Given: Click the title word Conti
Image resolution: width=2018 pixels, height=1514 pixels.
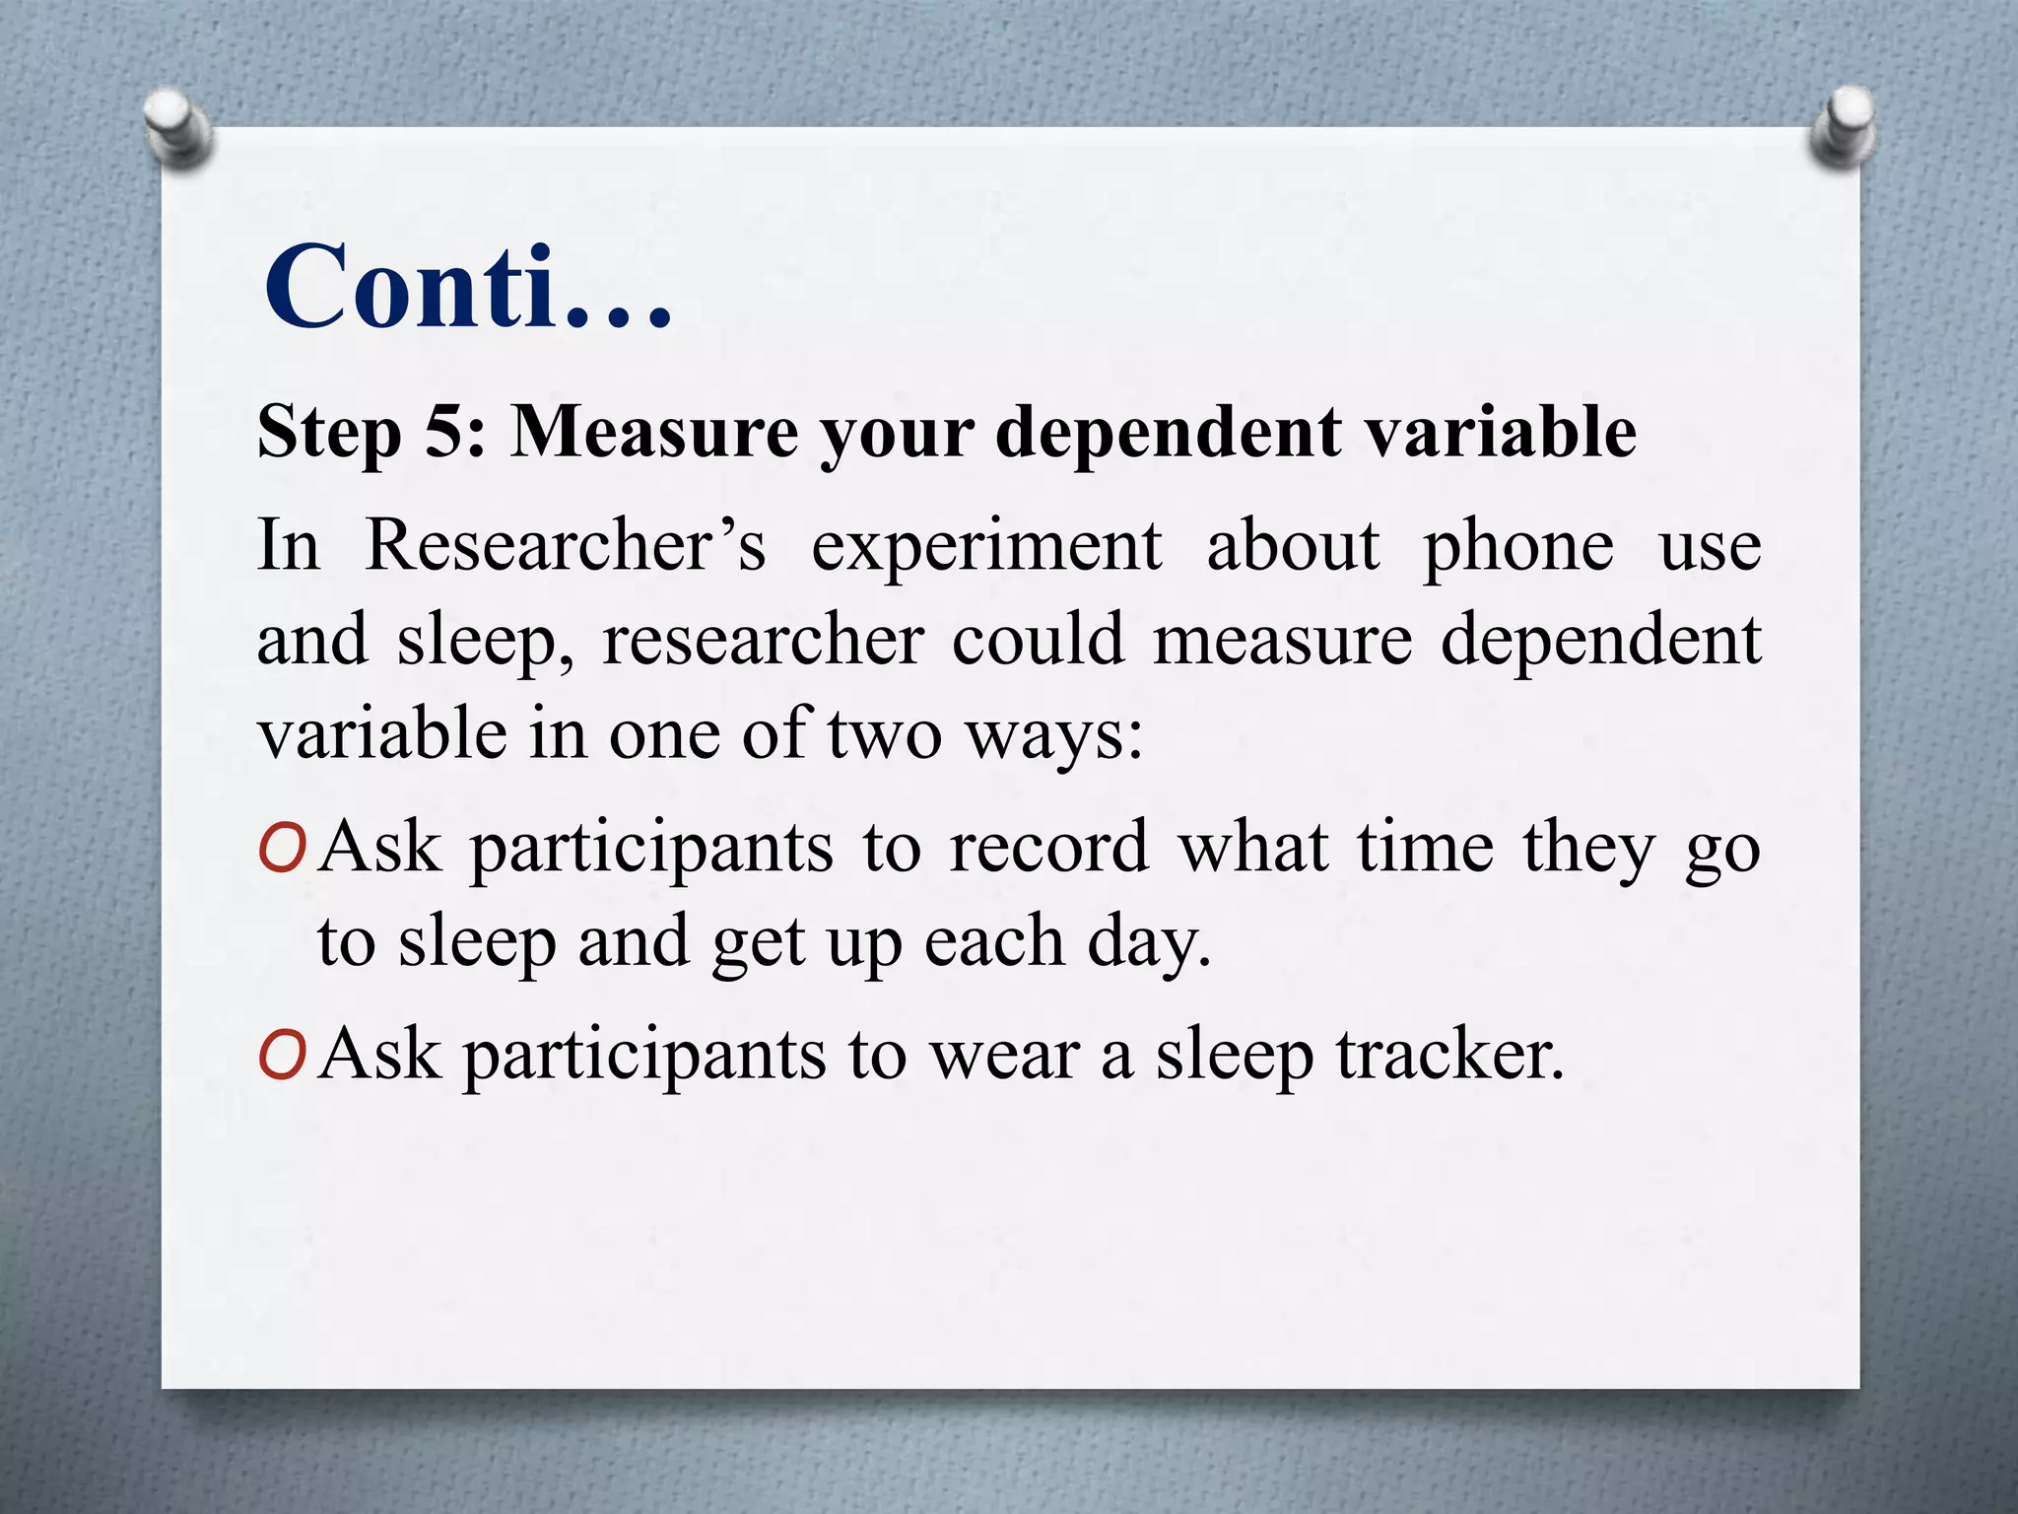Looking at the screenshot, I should click(468, 288).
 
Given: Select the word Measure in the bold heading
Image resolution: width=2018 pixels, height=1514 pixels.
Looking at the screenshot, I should click(653, 432).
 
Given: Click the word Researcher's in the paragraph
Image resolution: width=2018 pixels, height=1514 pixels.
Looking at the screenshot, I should click(566, 545).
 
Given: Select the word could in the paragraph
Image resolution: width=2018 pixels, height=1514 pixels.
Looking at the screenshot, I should click(1038, 639).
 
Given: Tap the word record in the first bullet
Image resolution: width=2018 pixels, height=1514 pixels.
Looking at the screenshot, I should click(1048, 848).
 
